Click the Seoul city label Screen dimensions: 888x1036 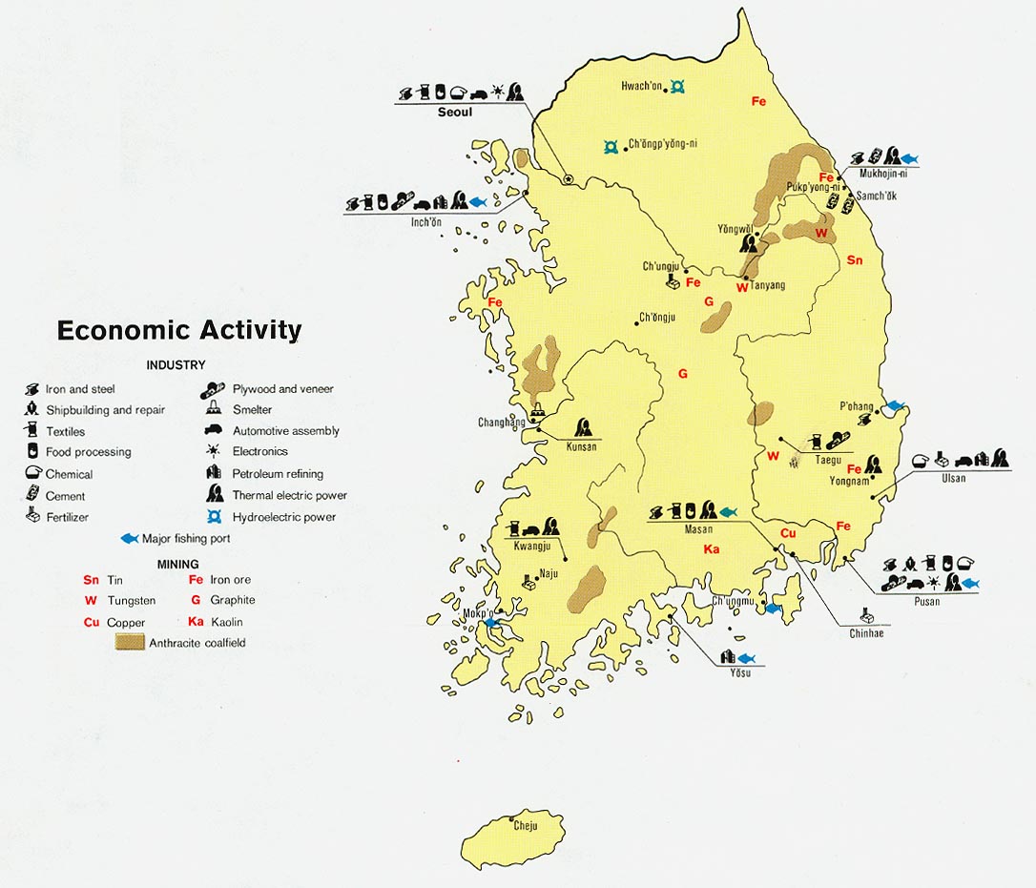(x=455, y=112)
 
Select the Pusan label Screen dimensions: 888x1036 (x=925, y=601)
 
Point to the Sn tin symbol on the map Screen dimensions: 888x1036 (x=854, y=260)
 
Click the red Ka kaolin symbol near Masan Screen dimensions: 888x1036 (x=712, y=549)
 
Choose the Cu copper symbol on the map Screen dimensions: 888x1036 (x=788, y=533)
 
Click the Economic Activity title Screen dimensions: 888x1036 (x=179, y=330)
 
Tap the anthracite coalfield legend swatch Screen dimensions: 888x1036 (x=130, y=643)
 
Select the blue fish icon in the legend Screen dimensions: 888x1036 (x=130, y=539)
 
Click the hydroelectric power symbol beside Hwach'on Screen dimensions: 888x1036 (x=677, y=87)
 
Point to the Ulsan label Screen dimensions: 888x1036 (x=952, y=478)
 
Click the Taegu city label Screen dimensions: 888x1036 (x=827, y=459)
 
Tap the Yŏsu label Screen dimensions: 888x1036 (x=739, y=672)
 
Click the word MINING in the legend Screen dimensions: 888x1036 (x=178, y=565)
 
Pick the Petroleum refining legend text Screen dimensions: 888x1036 (x=278, y=474)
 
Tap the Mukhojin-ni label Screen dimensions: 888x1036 (x=883, y=175)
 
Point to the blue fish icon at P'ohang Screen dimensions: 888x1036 (x=895, y=405)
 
